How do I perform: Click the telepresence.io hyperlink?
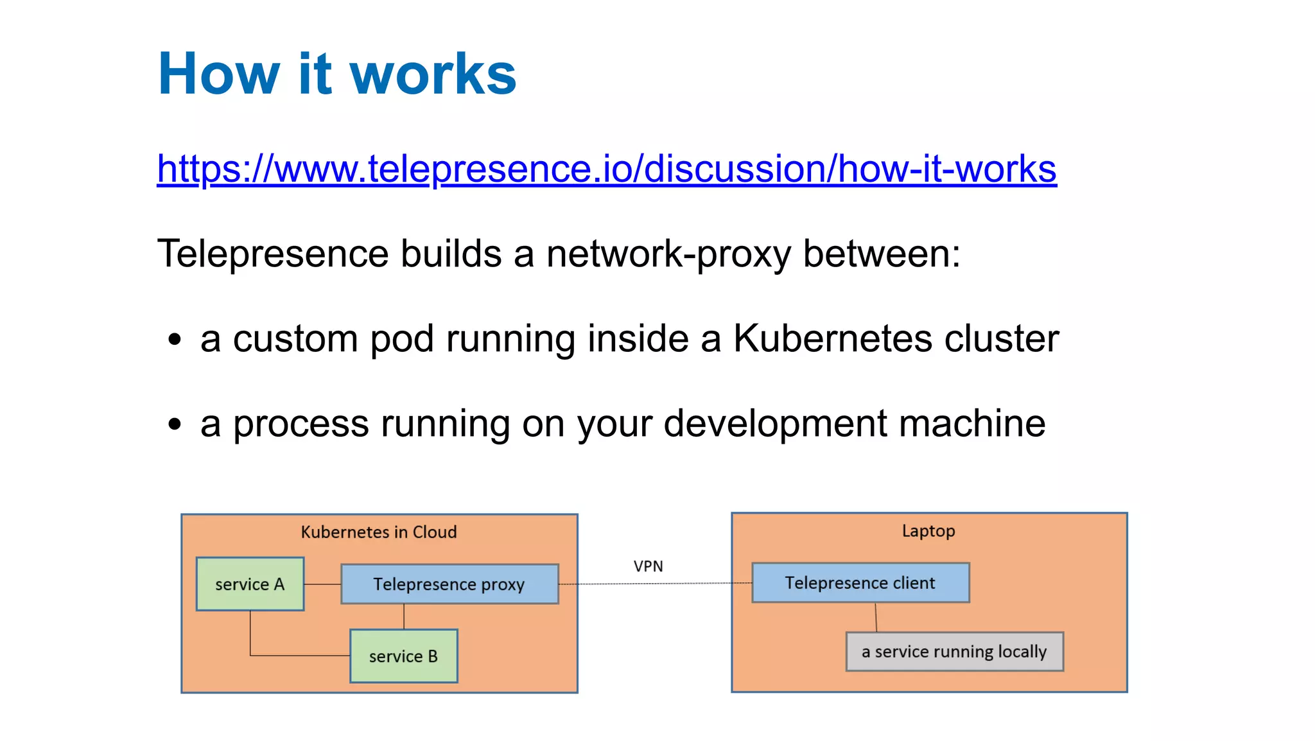pyautogui.click(x=606, y=169)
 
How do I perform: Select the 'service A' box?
pyautogui.click(x=250, y=584)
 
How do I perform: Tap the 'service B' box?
pyautogui.click(x=403, y=656)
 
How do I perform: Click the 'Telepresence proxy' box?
pyautogui.click(x=449, y=584)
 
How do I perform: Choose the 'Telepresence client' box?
pyautogui.click(x=860, y=582)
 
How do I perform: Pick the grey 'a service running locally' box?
pyautogui.click(x=954, y=652)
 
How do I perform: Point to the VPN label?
pyautogui.click(x=648, y=566)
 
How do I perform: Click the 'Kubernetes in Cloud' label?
pyautogui.click(x=379, y=532)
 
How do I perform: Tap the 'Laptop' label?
pyautogui.click(x=928, y=530)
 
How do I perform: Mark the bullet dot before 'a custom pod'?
pyautogui.click(x=175, y=340)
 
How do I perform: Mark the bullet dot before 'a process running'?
pyautogui.click(x=175, y=424)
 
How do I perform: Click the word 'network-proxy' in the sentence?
pyautogui.click(x=668, y=254)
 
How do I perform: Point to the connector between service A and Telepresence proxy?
pyautogui.click(x=322, y=584)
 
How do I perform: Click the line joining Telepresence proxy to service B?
pyautogui.click(x=404, y=616)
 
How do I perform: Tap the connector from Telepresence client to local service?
pyautogui.click(x=876, y=617)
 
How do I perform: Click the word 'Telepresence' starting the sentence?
pyautogui.click(x=273, y=254)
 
